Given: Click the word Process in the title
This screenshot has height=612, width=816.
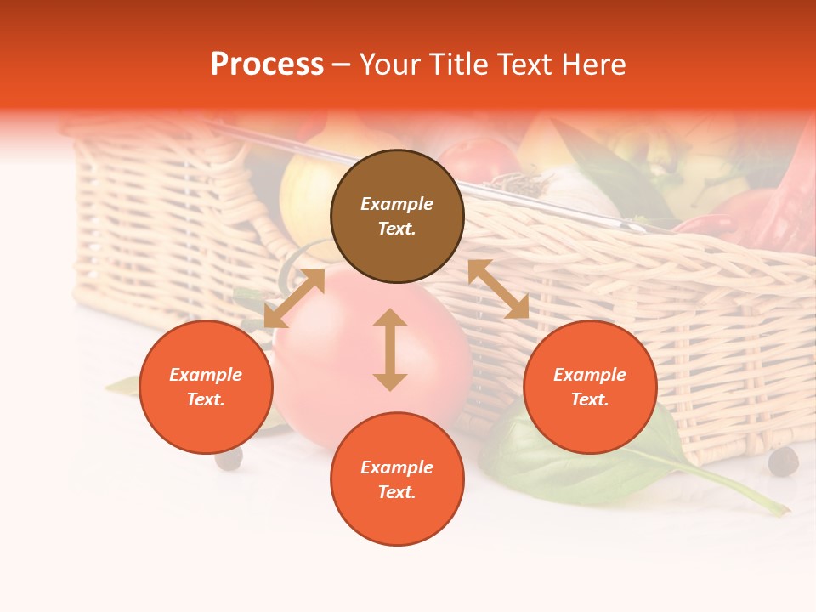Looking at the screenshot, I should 267,65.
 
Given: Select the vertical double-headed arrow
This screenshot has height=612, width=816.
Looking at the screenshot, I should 390,349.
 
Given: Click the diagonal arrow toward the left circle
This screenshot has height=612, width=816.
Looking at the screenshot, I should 294,298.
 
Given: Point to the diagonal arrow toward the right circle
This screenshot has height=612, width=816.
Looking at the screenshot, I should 498,289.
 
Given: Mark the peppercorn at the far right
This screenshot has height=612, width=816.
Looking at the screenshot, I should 783,462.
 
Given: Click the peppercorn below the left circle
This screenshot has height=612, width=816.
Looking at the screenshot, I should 229,458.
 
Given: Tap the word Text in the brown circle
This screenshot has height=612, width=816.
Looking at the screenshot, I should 397,229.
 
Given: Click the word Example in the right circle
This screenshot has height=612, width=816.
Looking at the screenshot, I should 590,375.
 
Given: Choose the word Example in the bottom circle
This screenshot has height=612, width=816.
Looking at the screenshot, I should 397,467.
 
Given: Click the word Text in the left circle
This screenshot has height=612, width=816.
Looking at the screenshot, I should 206,399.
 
